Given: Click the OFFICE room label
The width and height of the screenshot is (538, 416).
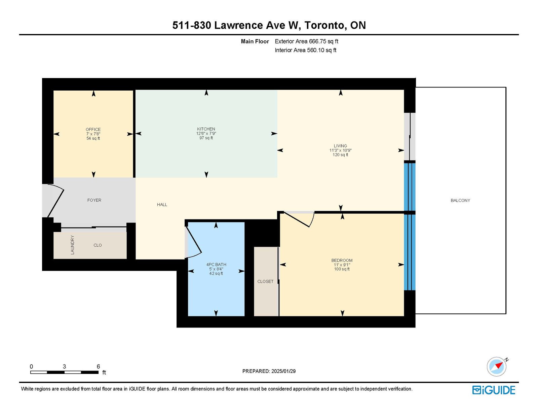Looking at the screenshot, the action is [x=93, y=129].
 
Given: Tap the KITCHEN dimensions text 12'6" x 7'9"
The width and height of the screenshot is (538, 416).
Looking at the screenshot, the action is [x=206, y=133].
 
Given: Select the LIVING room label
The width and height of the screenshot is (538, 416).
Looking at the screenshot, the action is [x=340, y=146].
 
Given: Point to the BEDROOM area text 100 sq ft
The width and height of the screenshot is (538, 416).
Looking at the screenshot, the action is [x=342, y=269].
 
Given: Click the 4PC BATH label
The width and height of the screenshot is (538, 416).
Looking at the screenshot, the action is [x=216, y=265].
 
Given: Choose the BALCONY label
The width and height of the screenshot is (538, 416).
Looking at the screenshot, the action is [x=460, y=201].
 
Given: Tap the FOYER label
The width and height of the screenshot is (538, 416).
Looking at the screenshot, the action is [x=94, y=200].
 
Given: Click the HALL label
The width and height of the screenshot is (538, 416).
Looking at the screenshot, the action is [x=162, y=205].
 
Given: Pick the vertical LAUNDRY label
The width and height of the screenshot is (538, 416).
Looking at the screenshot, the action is [x=72, y=245].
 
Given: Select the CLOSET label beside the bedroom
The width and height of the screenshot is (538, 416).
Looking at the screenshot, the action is [x=265, y=281].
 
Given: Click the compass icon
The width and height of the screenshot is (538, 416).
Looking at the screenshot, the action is [x=497, y=367].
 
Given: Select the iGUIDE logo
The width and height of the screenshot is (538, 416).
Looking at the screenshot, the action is [x=494, y=390].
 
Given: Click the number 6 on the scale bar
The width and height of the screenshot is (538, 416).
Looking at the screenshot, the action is [x=98, y=366].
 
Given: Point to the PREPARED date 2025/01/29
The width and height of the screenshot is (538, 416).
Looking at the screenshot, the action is [x=283, y=371].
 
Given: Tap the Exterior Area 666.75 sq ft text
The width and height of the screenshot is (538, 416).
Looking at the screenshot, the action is [x=307, y=41].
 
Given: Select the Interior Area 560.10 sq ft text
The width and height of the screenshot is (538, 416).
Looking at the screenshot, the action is [x=306, y=50].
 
